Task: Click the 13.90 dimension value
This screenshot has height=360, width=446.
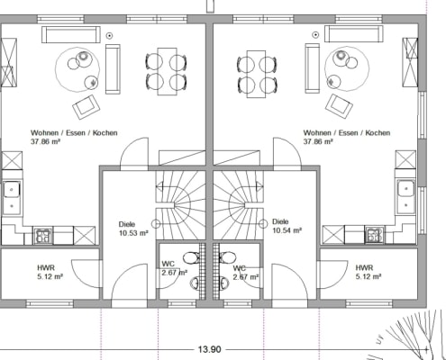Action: (x=210, y=349)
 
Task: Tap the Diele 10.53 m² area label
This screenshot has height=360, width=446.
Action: (x=133, y=229)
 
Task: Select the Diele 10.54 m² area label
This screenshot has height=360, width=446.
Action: (x=287, y=226)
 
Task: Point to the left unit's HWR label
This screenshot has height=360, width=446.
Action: (x=46, y=267)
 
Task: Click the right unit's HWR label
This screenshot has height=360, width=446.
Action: (x=364, y=267)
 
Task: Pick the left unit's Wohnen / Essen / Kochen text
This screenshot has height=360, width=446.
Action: (x=74, y=132)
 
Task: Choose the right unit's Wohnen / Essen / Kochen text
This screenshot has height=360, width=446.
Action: (x=347, y=132)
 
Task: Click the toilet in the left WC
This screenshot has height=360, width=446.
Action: (x=192, y=257)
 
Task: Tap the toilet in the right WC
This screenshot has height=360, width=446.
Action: (x=227, y=257)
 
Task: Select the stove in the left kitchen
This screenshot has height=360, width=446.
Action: (x=43, y=235)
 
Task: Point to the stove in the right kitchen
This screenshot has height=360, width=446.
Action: (x=374, y=234)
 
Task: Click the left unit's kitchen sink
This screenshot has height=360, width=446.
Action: (x=12, y=197)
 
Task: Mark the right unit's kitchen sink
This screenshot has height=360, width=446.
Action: (x=406, y=196)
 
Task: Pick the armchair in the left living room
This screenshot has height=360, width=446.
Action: (x=86, y=106)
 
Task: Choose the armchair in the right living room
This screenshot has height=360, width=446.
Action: (x=339, y=106)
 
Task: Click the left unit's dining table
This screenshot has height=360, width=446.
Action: (x=167, y=71)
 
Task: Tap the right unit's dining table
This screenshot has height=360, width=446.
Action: (x=256, y=74)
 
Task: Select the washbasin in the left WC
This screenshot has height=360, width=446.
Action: (x=195, y=283)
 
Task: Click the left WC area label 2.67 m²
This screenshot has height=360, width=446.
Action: (x=175, y=273)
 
